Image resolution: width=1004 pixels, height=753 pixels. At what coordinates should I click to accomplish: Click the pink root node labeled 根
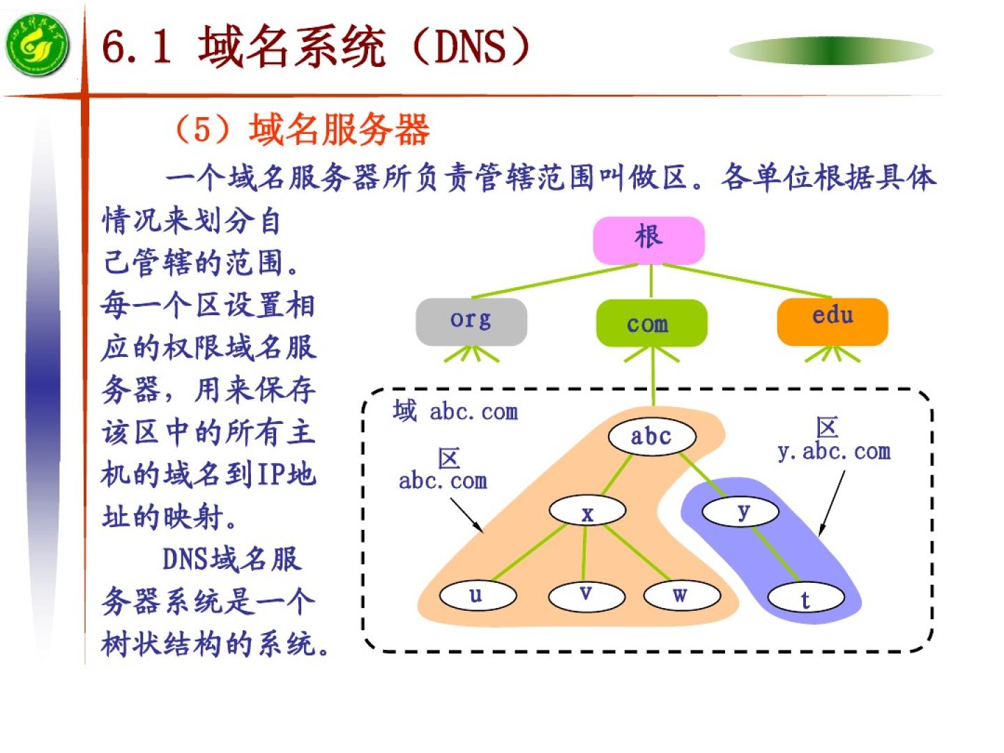(648, 240)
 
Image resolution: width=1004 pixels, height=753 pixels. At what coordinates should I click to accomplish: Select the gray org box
(471, 321)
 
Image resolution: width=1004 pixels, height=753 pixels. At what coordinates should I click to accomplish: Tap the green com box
(651, 323)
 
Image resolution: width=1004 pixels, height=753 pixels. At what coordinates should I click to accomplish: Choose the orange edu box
(832, 321)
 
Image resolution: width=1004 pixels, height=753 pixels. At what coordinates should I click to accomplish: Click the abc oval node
(651, 437)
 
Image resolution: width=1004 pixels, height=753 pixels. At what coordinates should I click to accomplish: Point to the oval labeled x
(587, 511)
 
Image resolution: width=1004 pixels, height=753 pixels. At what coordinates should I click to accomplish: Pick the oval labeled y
(740, 511)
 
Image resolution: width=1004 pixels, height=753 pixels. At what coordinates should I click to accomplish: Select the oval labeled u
(478, 595)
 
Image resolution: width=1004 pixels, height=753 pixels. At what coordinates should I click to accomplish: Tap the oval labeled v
(586, 595)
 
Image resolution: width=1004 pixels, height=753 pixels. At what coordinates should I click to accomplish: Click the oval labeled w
(681, 595)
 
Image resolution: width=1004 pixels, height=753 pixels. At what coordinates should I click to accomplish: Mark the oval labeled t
(805, 598)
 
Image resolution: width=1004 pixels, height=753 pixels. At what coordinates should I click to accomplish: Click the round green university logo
(38, 46)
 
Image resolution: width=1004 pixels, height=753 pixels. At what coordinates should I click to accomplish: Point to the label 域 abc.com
(455, 411)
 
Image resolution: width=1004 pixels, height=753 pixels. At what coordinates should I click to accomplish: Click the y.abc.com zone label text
(834, 452)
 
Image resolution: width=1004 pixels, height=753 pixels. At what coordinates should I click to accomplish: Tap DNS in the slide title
(470, 47)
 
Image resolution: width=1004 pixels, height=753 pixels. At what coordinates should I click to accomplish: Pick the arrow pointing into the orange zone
(466, 515)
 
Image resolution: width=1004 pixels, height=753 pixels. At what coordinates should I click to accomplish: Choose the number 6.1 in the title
(137, 47)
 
